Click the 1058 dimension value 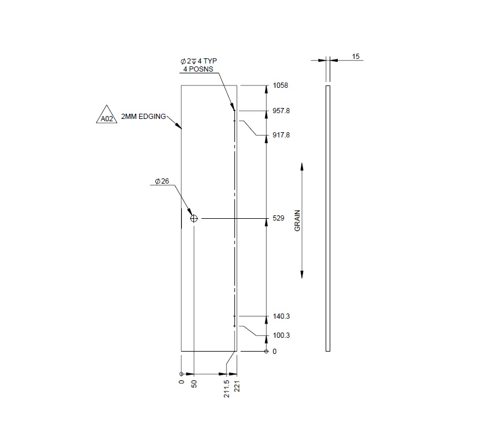[280, 85]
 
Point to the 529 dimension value [278, 219]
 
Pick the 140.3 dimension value [281, 316]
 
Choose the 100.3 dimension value [281, 335]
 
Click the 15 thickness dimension [356, 57]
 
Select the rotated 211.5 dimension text [226, 389]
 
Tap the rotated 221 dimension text [237, 386]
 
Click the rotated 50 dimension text [194, 383]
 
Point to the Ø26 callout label [162, 181]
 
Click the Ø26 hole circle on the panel [194, 219]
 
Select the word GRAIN [298, 220]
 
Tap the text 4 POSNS [197, 69]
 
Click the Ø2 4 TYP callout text [199, 61]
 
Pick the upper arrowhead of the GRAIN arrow [302, 167]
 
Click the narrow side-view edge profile [328, 218]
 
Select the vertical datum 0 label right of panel [274, 352]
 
